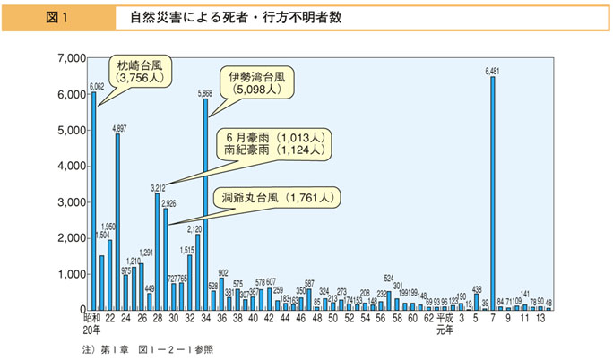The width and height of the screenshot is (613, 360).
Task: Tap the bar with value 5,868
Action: click(x=206, y=205)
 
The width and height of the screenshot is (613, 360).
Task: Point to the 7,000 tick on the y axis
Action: click(x=71, y=58)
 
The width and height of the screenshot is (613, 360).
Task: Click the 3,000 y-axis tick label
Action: click(x=71, y=202)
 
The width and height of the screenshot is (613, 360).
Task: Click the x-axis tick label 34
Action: click(x=205, y=317)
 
